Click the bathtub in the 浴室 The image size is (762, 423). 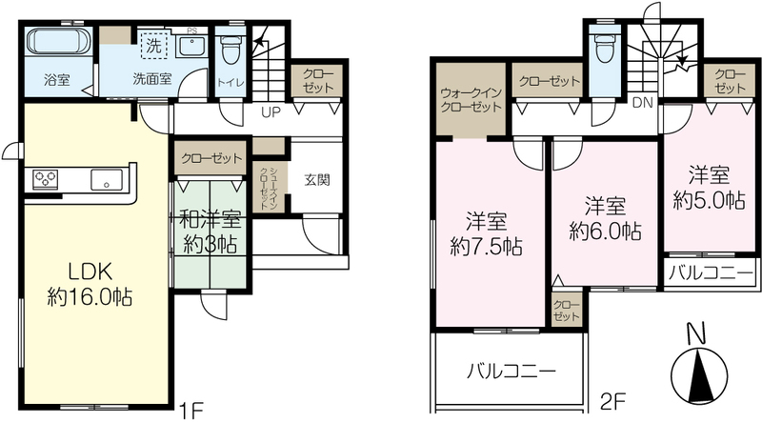click(59, 41)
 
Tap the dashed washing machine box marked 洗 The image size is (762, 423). click(153, 45)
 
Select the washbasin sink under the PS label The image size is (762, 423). click(191, 47)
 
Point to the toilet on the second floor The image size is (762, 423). click(605, 47)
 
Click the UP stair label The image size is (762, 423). click(271, 112)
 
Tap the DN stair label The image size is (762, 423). click(643, 103)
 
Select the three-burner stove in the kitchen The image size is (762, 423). click(45, 179)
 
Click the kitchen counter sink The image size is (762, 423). click(107, 180)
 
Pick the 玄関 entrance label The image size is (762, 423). click(317, 179)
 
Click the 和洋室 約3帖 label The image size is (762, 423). click(210, 232)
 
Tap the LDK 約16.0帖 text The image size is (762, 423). click(90, 285)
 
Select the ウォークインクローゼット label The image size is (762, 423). click(471, 100)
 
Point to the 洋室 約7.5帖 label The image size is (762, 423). click(486, 234)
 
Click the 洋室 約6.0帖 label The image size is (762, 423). click(605, 219)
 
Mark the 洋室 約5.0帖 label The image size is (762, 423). click(709, 188)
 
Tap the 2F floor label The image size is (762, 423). click(612, 402)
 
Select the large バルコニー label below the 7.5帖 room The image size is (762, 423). click(511, 373)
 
